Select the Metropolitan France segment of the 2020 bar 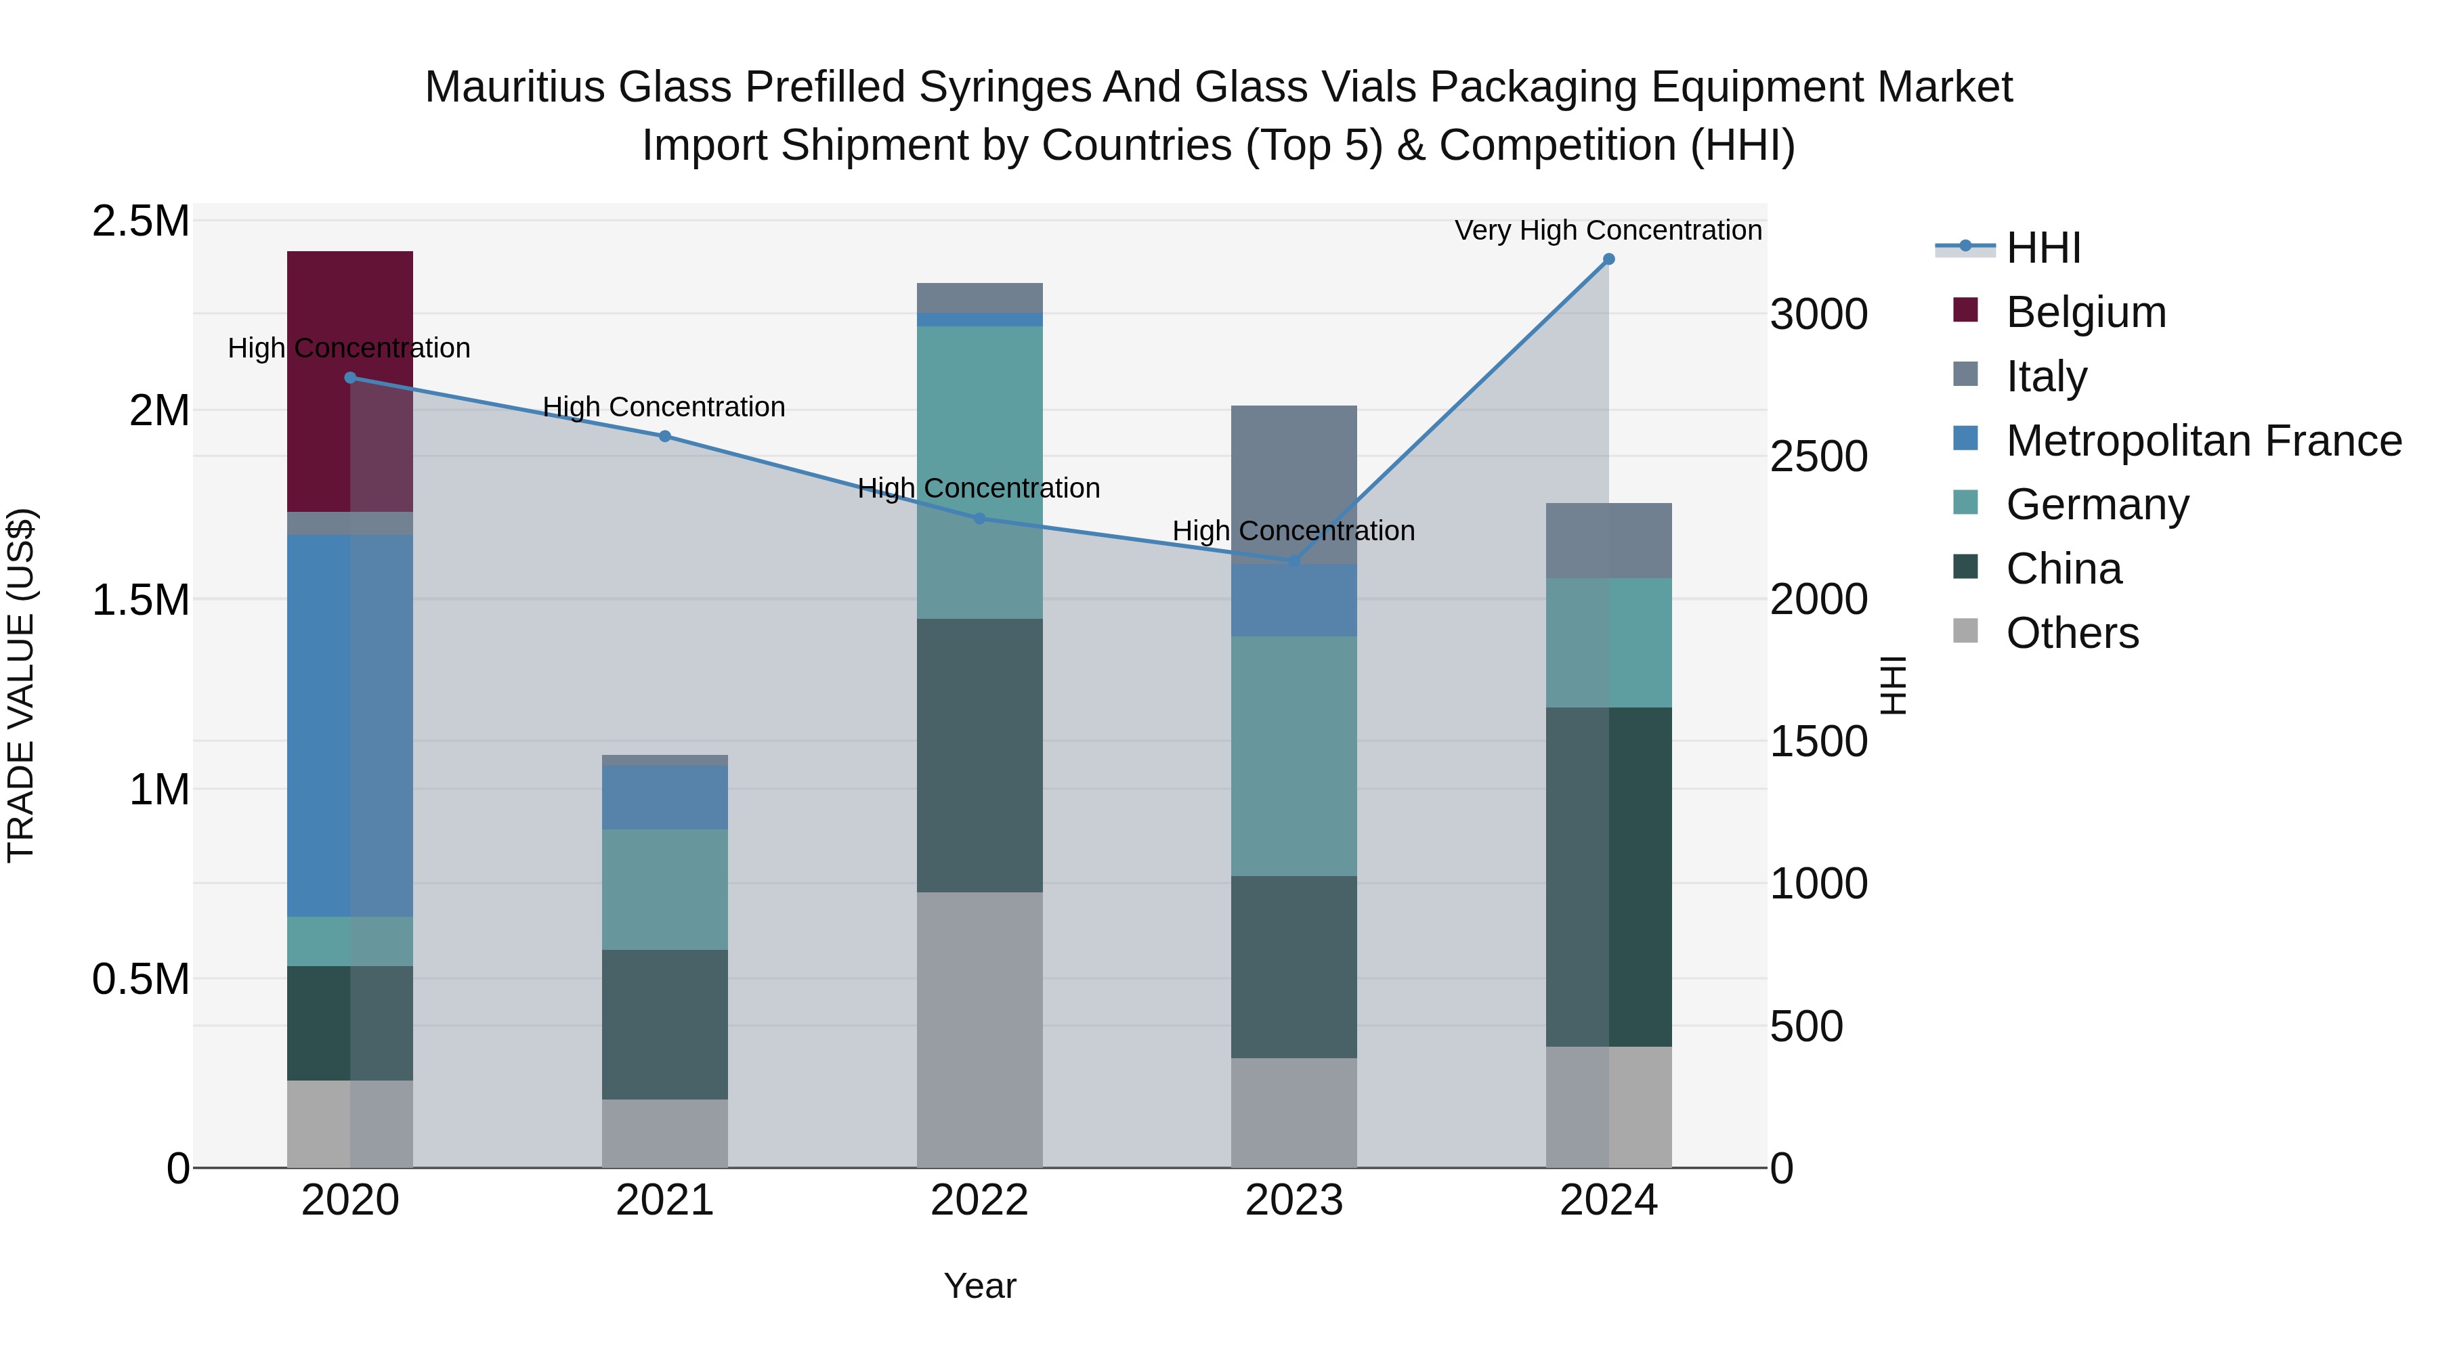click(349, 724)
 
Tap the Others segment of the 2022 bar click(979, 1029)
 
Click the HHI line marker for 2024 click(1608, 259)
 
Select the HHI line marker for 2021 click(664, 436)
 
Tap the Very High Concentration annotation click(1607, 230)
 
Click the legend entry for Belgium click(2085, 312)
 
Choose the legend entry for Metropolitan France click(2202, 441)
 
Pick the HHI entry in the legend click(2043, 248)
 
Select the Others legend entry click(2072, 633)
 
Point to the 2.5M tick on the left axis click(141, 221)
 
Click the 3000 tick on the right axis click(1818, 314)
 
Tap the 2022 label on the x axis click(979, 1200)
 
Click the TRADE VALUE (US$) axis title click(21, 685)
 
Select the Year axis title click(979, 1286)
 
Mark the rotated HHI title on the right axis click(1892, 685)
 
